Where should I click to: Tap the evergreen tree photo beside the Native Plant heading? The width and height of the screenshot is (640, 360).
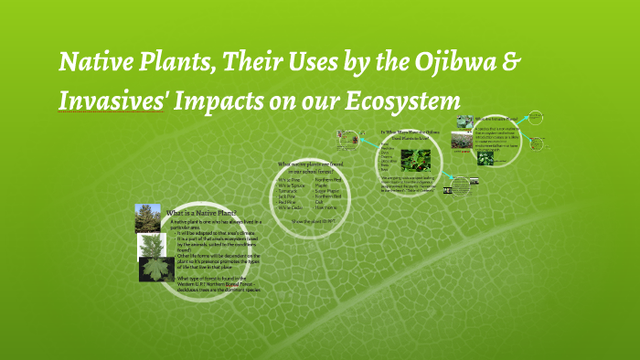point(148,218)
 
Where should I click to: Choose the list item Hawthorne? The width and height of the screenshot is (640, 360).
point(328,207)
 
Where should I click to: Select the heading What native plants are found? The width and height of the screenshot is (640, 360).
point(312,164)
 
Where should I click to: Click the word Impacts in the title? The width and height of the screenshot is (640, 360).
point(257,100)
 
